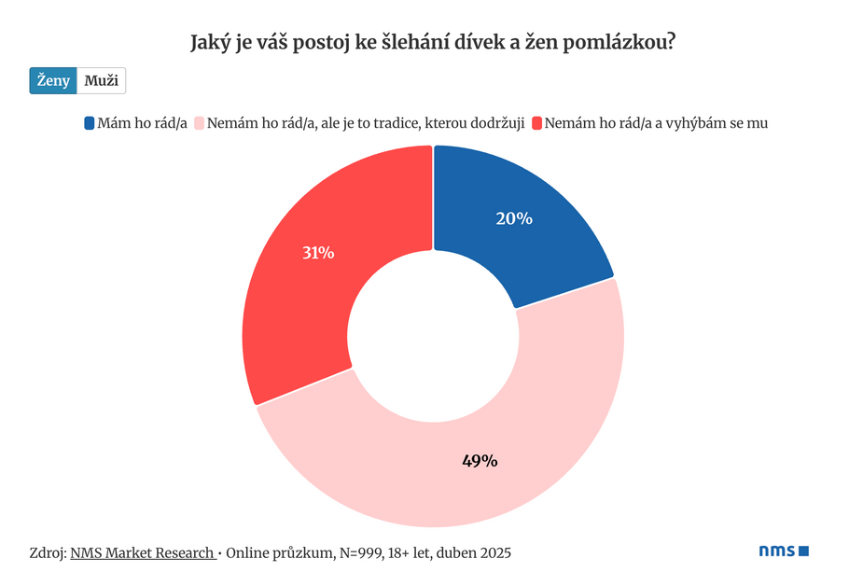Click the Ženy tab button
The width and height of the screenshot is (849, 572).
pyautogui.click(x=53, y=81)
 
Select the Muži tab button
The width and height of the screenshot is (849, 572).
pyautogui.click(x=101, y=81)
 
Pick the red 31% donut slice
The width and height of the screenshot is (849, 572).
pyautogui.click(x=317, y=280)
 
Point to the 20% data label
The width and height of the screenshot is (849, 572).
pyautogui.click(x=514, y=218)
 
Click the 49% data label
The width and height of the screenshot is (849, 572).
pyautogui.click(x=480, y=460)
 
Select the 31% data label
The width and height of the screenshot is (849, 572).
pyautogui.click(x=318, y=252)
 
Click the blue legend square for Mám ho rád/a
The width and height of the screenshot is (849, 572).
pyautogui.click(x=89, y=122)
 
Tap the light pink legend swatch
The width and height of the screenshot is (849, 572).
pyautogui.click(x=198, y=122)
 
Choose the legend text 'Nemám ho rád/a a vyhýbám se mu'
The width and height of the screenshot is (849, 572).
pyautogui.click(x=655, y=122)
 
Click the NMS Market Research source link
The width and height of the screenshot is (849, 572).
pyautogui.click(x=142, y=551)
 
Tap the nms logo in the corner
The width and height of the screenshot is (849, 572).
pyautogui.click(x=783, y=551)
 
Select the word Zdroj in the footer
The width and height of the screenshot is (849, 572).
pyautogui.click(x=48, y=551)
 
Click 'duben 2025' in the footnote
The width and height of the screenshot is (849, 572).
pyautogui.click(x=476, y=551)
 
